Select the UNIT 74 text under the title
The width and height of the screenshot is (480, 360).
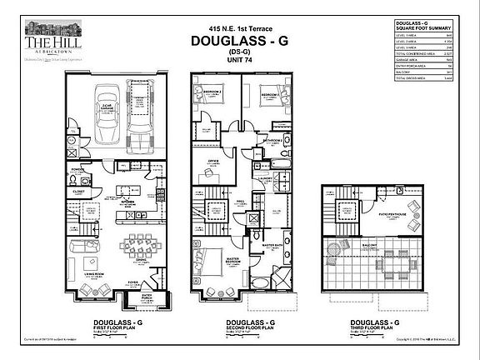coord(239,67)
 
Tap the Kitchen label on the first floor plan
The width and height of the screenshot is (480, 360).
coord(128,202)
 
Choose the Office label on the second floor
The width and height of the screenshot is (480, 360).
coord(212,161)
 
